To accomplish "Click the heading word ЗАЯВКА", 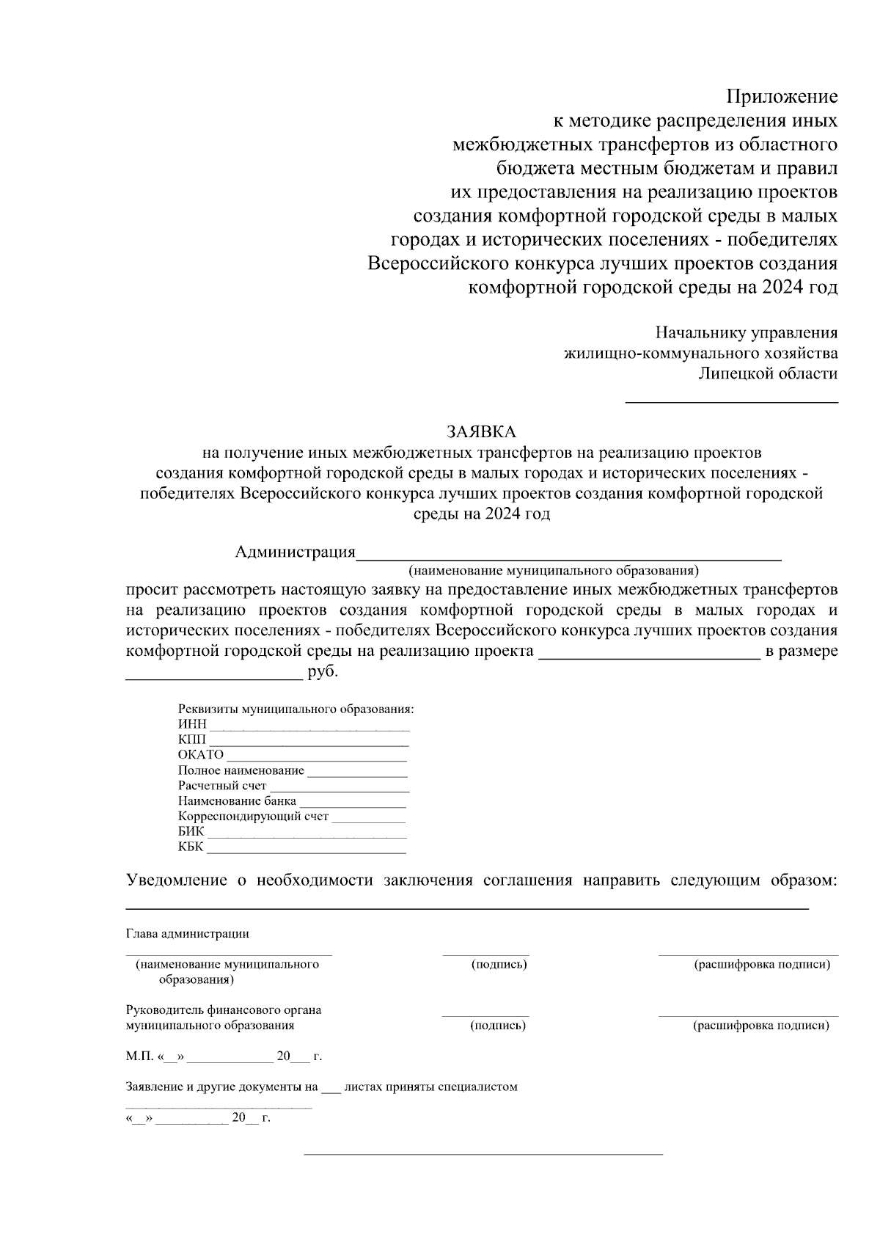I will [482, 431].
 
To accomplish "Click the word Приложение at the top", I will [782, 96].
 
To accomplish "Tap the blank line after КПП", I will [308, 745].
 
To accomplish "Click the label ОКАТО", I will [200, 755].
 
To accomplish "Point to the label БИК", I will [191, 832].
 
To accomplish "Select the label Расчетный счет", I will [222, 786].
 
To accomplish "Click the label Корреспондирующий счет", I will [253, 817].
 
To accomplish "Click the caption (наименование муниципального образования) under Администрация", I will [554, 570].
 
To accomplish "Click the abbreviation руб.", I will [323, 672].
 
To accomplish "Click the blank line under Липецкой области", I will [731, 401].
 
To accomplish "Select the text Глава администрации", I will [187, 934].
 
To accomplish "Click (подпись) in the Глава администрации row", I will [499, 964].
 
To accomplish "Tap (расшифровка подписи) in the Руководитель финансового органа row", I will [761, 1026].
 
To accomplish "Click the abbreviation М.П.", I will [138, 1057].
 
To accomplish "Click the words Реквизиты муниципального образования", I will [296, 709].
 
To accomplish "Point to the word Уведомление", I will [176, 880].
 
